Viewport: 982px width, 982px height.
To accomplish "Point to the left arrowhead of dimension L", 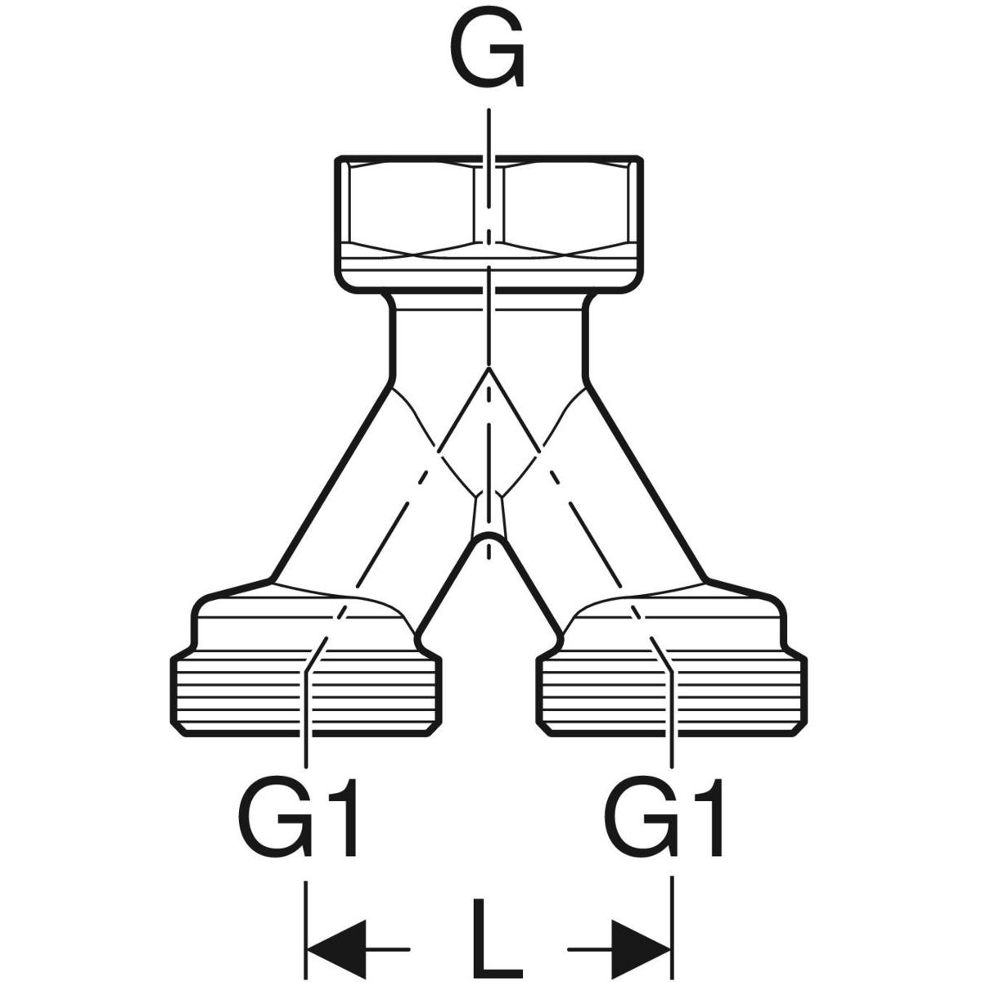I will click(336, 949).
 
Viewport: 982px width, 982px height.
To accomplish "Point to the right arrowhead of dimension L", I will click(642, 949).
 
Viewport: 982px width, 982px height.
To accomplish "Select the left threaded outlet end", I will click(307, 696).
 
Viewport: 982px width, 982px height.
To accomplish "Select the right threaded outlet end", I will click(671, 696).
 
